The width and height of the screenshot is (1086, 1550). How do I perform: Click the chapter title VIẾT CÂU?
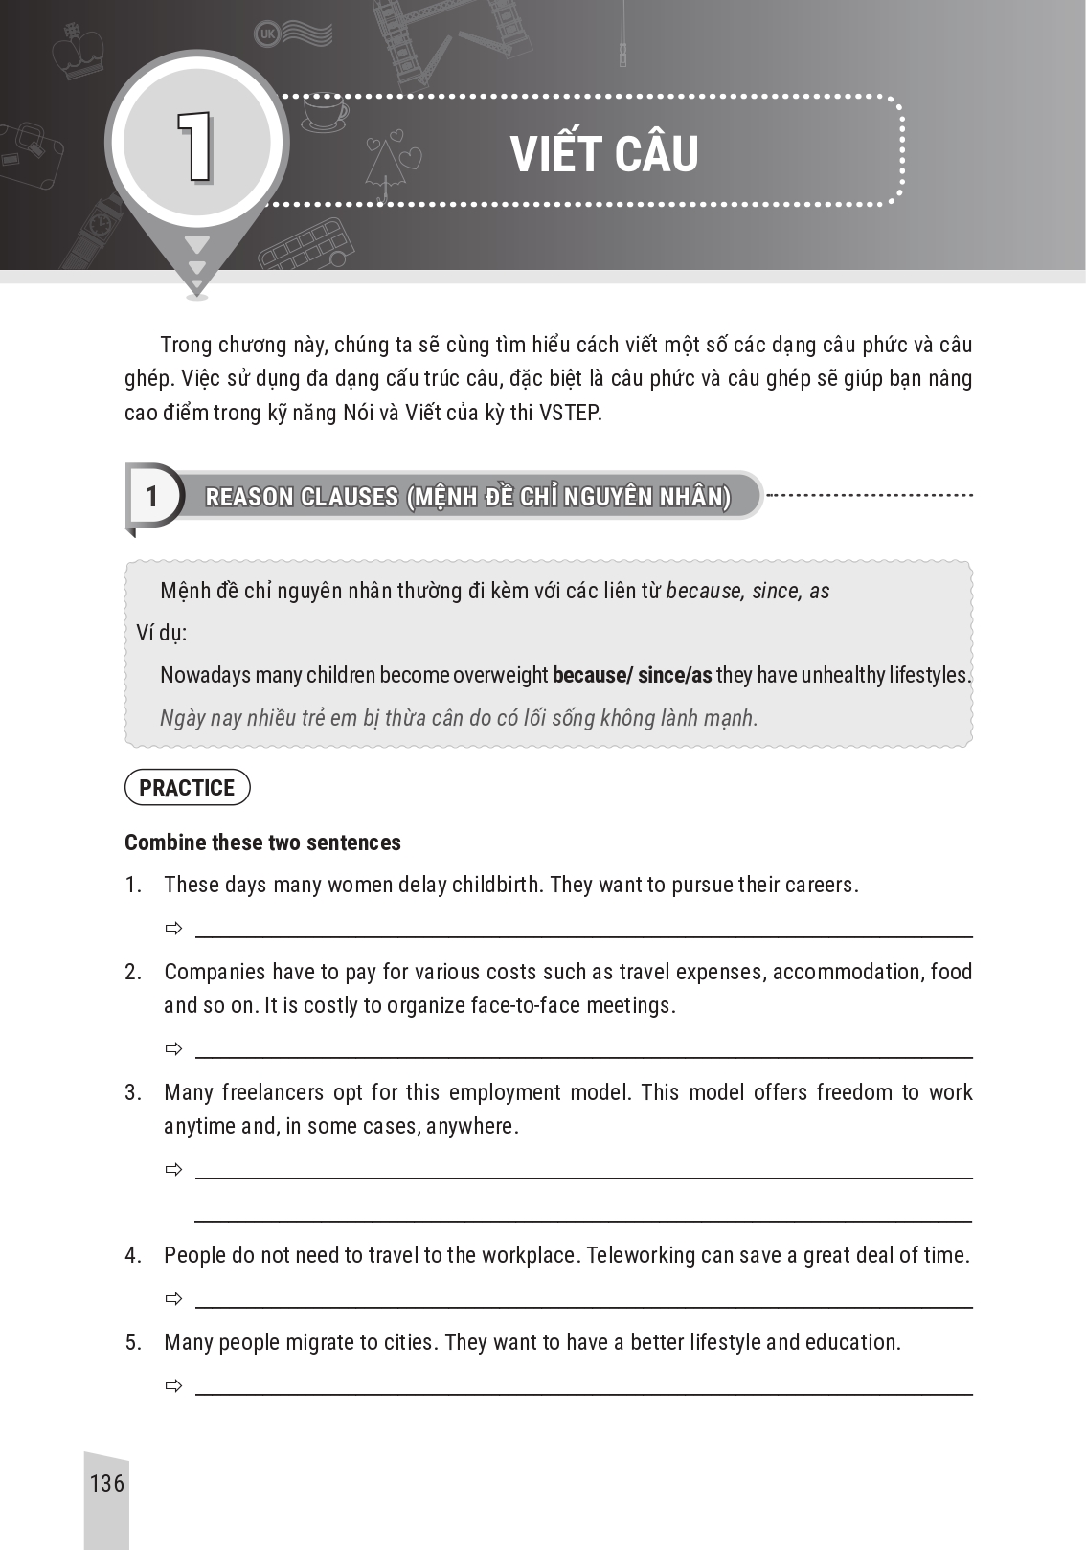click(x=604, y=155)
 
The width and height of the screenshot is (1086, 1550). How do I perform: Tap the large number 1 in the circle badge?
click(x=194, y=146)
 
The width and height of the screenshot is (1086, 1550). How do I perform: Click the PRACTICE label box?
click(x=187, y=788)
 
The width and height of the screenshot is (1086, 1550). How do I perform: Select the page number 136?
click(x=106, y=1483)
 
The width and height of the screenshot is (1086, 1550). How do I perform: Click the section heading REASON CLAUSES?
click(x=468, y=497)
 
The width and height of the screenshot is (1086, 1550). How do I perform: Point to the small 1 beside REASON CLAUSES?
click(x=151, y=497)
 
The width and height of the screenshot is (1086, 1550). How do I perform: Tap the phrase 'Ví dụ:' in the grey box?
click(x=162, y=633)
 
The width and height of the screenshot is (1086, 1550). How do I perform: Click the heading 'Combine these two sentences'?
click(x=262, y=842)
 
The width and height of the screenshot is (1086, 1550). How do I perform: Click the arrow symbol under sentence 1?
click(x=173, y=929)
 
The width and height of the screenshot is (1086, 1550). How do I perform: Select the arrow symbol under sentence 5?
click(x=173, y=1386)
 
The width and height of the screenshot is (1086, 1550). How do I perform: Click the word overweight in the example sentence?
click(x=499, y=675)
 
